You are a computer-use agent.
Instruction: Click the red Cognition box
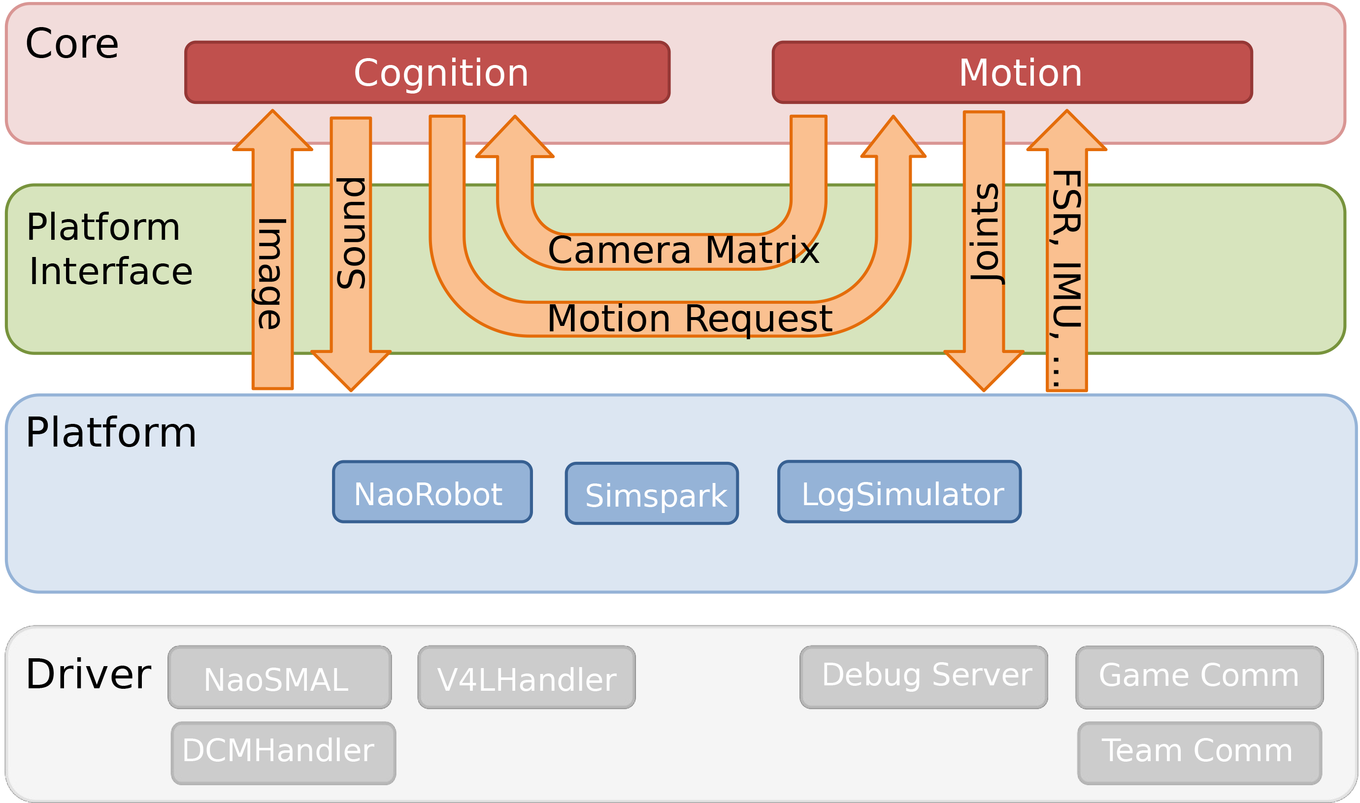[427, 72]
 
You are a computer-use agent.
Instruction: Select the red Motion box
[1012, 72]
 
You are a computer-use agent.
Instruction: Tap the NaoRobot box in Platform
[432, 492]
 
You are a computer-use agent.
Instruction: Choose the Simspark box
[652, 494]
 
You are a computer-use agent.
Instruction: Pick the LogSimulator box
[899, 492]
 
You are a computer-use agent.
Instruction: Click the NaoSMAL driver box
[279, 677]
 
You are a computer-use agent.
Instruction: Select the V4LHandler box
[526, 677]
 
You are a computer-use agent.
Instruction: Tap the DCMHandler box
[283, 753]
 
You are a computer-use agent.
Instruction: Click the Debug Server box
[923, 677]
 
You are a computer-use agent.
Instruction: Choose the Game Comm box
[1199, 677]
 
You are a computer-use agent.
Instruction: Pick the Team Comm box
[1199, 753]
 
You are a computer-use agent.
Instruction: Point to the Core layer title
[72, 44]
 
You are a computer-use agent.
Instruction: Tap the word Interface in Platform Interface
[111, 272]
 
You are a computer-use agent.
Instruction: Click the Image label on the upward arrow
[270, 273]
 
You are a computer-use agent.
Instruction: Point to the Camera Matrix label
[683, 251]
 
